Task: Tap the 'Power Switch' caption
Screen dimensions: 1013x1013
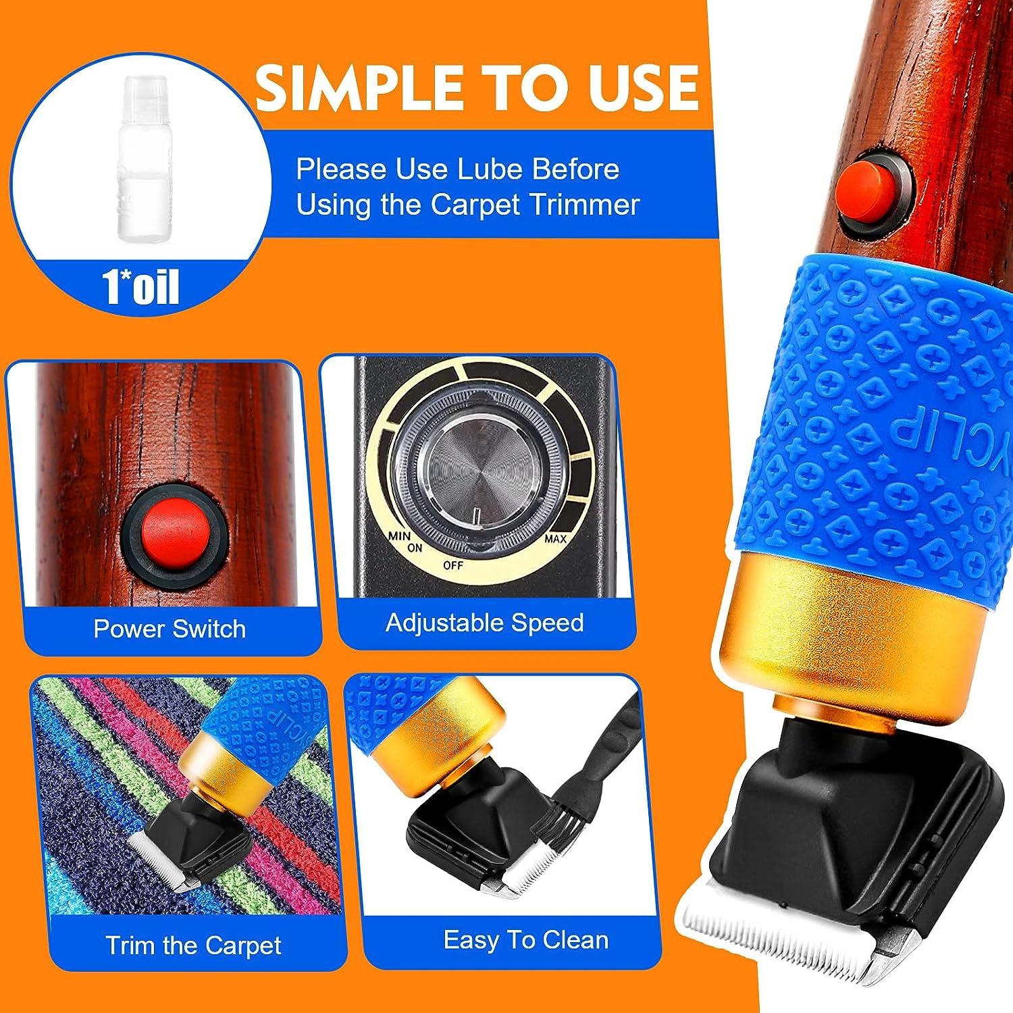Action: pyautogui.click(x=170, y=629)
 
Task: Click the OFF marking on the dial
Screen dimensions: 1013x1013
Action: pyautogui.click(x=453, y=565)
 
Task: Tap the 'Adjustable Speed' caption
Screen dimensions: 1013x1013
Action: pyautogui.click(x=484, y=622)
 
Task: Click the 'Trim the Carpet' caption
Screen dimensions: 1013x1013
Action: pyautogui.click(x=193, y=945)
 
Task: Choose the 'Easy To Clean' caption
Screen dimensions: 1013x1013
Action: pyautogui.click(x=526, y=939)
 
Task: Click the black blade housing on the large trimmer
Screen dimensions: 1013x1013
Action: pyautogui.click(x=831, y=810)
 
